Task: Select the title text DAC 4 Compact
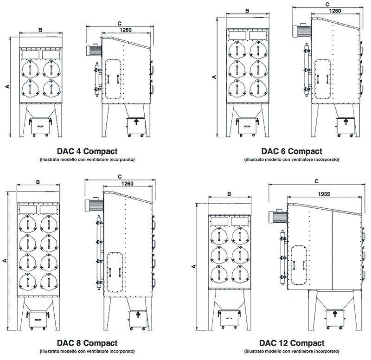[87, 151]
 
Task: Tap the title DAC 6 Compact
[291, 151]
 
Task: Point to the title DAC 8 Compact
[87, 343]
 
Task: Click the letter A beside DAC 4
[6, 86]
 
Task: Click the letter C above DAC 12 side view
[316, 181]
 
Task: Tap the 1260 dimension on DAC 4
[125, 30]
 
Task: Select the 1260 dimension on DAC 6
[335, 11]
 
